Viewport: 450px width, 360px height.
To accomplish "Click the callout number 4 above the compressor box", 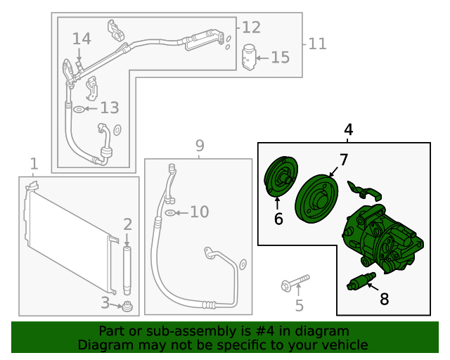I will (348, 130).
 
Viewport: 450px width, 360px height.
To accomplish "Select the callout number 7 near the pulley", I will (343, 160).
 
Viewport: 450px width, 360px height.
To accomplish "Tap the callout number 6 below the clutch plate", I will (278, 219).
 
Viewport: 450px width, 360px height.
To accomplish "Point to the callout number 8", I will (384, 299).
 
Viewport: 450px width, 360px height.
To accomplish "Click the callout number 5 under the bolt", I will (299, 305).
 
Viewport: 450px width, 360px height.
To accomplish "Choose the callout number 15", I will (280, 57).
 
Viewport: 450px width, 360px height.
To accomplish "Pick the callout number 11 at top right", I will (317, 44).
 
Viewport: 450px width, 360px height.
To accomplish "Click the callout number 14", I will (82, 38).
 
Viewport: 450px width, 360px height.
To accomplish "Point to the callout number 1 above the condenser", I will (34, 164).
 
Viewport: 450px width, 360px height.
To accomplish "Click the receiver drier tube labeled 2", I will (127, 270).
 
